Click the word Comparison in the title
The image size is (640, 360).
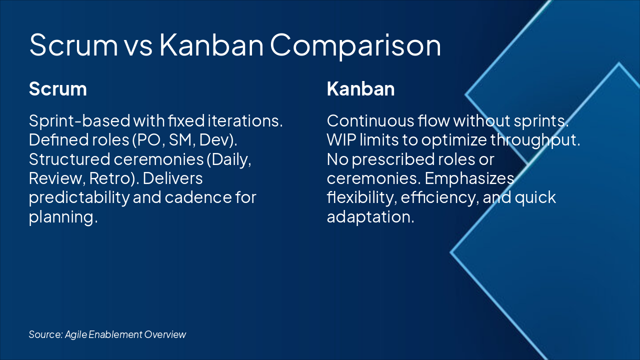point(355,45)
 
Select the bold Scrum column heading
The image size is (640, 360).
point(58,89)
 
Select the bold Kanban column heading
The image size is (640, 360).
point(361,89)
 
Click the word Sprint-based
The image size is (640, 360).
point(79,121)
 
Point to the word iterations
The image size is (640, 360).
point(245,121)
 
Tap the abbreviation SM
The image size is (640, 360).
point(180,140)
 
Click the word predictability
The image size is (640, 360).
point(79,197)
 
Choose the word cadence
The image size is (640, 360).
point(198,197)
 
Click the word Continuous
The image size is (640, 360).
point(370,121)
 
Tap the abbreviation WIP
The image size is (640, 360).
point(341,140)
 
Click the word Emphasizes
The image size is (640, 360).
point(469,179)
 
